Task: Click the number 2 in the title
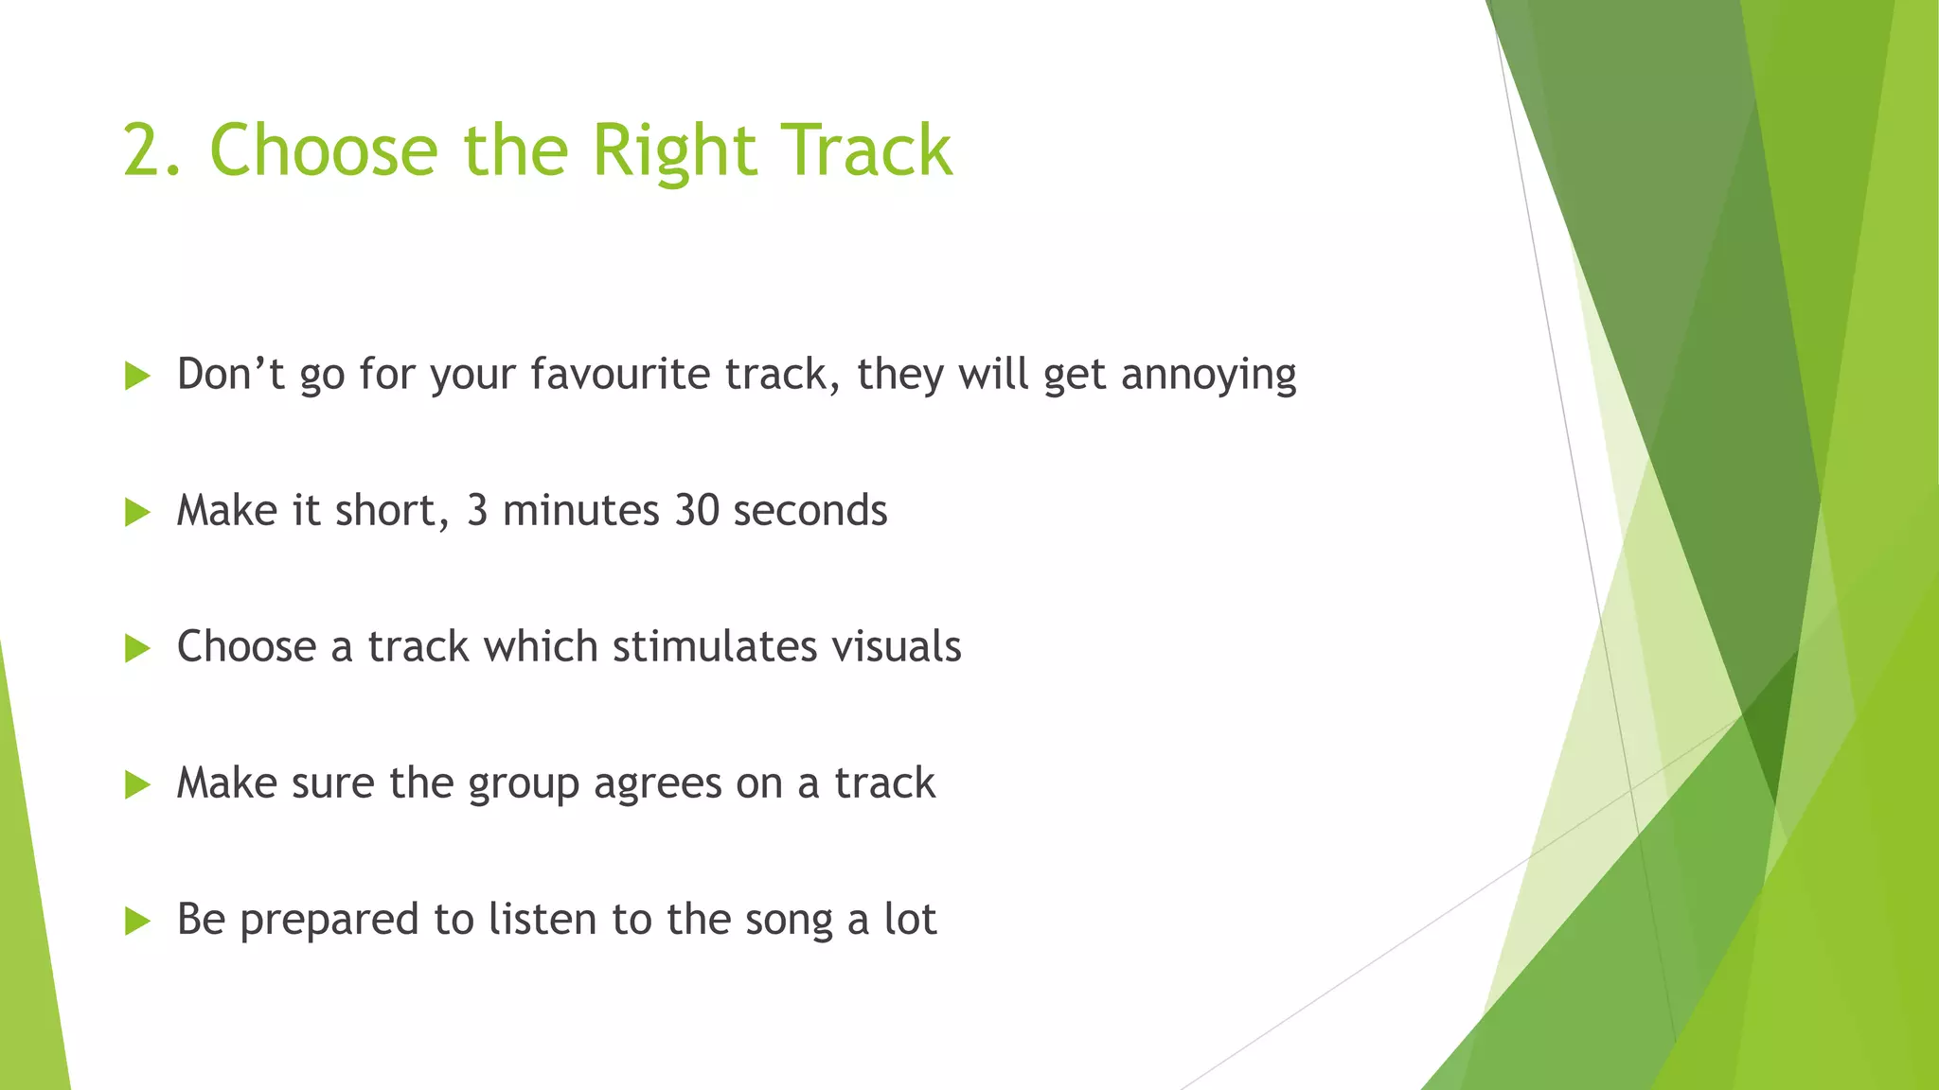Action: click(144, 151)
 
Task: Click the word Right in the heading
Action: click(674, 151)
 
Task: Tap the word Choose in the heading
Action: click(323, 151)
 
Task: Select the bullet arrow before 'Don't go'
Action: click(137, 376)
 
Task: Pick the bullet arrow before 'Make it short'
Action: click(137, 512)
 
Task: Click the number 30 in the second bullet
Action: click(698, 511)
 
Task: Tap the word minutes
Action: click(580, 511)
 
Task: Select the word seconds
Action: click(809, 511)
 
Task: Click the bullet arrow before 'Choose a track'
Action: click(137, 648)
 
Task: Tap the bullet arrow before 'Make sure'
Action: click(137, 784)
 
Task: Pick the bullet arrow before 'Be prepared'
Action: click(137, 921)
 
